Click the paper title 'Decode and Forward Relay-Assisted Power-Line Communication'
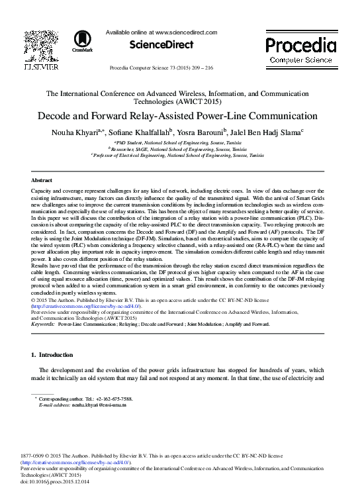[x=179, y=115]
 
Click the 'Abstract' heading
[x=41, y=179]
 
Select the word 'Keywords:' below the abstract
[x=43, y=324]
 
